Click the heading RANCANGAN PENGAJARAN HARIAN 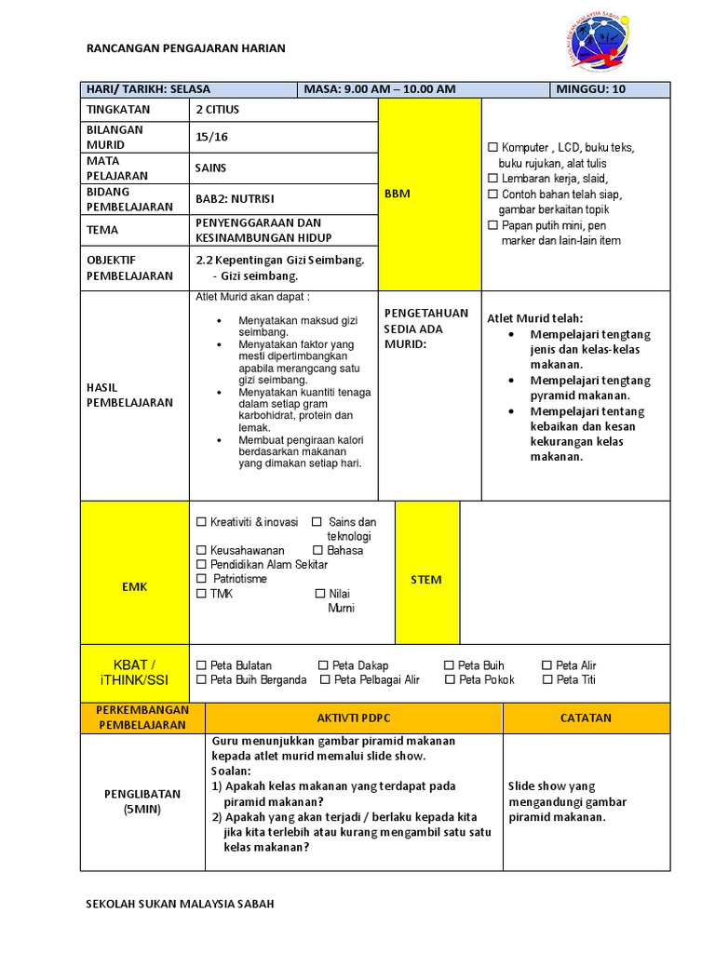(185, 48)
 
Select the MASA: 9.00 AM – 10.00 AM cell (380, 89)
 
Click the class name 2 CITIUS (217, 110)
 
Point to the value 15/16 (211, 137)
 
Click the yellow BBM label (398, 194)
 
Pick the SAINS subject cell (210, 168)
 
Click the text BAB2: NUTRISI (235, 199)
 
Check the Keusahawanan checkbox (201, 551)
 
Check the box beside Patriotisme (201, 579)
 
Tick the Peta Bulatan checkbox (201, 665)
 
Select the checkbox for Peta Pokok (451, 680)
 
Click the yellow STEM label (426, 580)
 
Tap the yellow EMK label (135, 587)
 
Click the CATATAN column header (586, 718)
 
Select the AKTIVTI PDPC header (354, 718)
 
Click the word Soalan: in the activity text (231, 772)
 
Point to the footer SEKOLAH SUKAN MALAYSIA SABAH (180, 904)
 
